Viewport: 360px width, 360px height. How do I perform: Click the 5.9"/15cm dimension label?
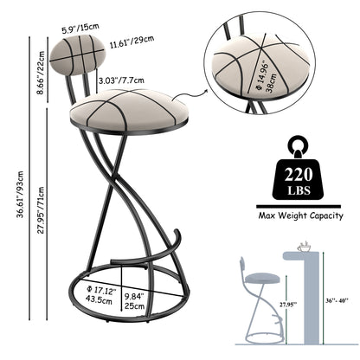tap(80, 29)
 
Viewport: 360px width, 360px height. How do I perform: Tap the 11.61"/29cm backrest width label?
tap(132, 42)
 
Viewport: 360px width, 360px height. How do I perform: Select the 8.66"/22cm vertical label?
tap(42, 73)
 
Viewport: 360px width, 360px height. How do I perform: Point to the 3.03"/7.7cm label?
tap(121, 80)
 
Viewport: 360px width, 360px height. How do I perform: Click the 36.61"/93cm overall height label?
tap(21, 194)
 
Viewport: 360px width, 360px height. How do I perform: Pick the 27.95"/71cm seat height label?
tap(42, 210)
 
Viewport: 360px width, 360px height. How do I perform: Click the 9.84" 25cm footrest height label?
tap(134, 300)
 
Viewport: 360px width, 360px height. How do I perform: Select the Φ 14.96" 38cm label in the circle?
tap(267, 77)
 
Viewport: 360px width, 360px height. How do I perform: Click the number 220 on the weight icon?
tap(299, 174)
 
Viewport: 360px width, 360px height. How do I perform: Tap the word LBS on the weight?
tap(299, 190)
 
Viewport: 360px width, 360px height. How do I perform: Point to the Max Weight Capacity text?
tap(300, 215)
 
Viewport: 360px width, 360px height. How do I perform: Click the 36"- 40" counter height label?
tap(337, 300)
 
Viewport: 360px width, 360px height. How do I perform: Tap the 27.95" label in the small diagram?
tap(288, 304)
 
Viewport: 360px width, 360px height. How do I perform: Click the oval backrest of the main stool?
tap(78, 55)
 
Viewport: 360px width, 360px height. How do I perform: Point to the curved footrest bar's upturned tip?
tap(177, 231)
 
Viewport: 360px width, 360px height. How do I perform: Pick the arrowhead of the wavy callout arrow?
tap(206, 91)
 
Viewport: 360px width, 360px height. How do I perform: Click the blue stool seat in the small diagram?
tap(262, 278)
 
